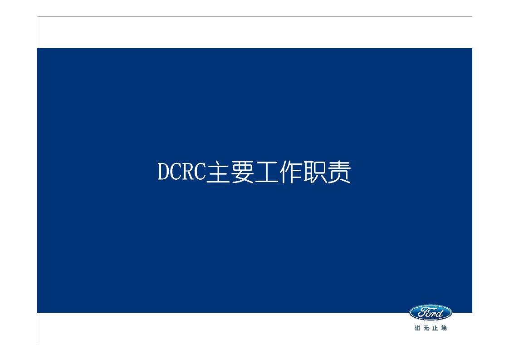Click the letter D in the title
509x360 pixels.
[x=164, y=173]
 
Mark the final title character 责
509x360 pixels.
[x=339, y=173]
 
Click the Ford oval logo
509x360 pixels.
[x=431, y=312]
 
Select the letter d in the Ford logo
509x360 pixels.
[x=440, y=312]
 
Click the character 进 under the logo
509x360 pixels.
[x=417, y=328]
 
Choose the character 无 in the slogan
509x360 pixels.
[x=426, y=328]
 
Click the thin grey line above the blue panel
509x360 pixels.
[x=254, y=17]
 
